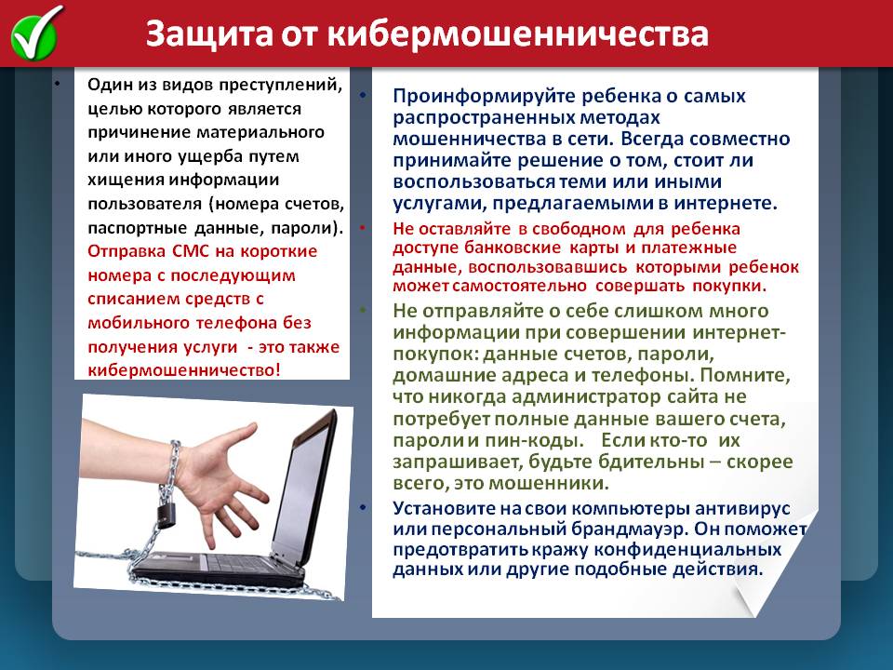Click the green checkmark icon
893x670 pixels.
click(x=35, y=34)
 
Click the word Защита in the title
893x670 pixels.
click(x=209, y=34)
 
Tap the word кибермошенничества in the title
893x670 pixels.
click(x=518, y=34)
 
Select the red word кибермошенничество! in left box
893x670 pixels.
click(x=184, y=369)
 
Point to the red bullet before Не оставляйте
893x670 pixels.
click(x=362, y=227)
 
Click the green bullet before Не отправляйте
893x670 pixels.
click(x=362, y=309)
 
